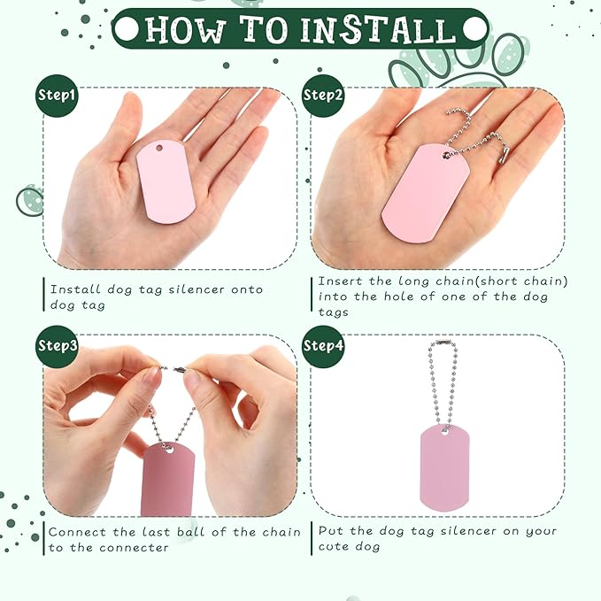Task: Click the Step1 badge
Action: (57, 96)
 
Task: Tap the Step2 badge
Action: (323, 96)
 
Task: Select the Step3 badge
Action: (57, 346)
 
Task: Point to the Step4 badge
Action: (323, 346)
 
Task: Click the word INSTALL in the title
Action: (378, 29)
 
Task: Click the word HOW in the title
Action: (186, 29)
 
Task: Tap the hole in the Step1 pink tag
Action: (159, 148)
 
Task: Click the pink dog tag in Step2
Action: (426, 194)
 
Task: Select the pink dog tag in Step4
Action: (444, 467)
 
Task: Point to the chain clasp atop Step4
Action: (443, 342)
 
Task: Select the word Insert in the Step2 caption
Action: (340, 281)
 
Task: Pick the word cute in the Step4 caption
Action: (333, 547)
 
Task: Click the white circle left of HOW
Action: (127, 29)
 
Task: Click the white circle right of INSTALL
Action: (474, 29)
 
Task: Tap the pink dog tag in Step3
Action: (168, 479)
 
